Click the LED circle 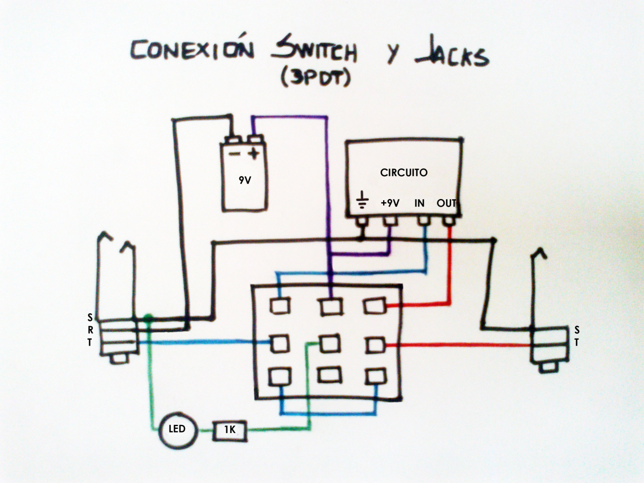click(177, 429)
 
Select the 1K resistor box click(231, 430)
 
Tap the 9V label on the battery click(244, 180)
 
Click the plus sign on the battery click(253, 155)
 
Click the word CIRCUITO click(404, 173)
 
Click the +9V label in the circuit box click(390, 203)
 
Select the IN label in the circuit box click(420, 203)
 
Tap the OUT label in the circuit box click(447, 203)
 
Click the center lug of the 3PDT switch click(328, 343)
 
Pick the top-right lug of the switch click(375, 306)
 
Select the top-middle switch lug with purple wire click(330, 306)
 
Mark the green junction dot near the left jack click(149, 318)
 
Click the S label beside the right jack click(577, 329)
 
